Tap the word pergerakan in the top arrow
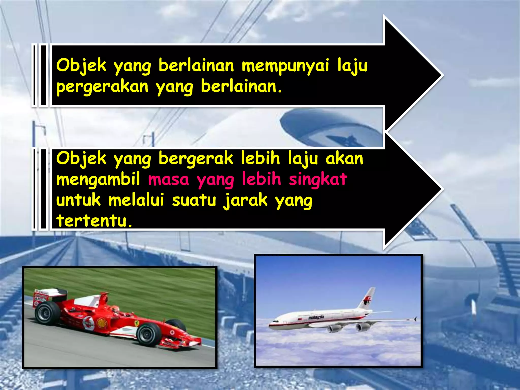(102, 87)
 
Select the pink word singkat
(318, 179)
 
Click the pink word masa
(169, 179)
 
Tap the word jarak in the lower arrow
(246, 201)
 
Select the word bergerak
(196, 159)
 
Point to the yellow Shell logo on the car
(102, 323)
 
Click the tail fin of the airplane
(367, 299)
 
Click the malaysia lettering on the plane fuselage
(316, 317)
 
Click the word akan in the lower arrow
(344, 159)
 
